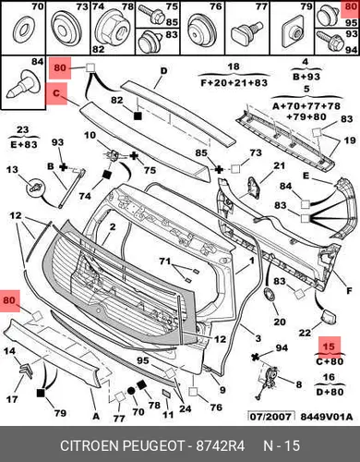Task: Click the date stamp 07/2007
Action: (270, 417)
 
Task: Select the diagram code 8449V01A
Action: (327, 417)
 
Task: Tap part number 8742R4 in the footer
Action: (221, 445)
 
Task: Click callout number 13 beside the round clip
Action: (12, 170)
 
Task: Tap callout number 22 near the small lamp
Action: (305, 333)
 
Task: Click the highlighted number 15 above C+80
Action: (329, 346)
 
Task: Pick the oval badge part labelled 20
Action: (270, 295)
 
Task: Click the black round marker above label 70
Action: (131, 391)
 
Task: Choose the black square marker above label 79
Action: (41, 394)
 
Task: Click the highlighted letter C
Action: (56, 92)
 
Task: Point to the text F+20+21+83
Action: (234, 82)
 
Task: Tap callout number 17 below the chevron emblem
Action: (12, 399)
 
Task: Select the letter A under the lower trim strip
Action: (96, 417)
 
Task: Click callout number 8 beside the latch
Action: (299, 384)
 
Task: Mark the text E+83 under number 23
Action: (24, 144)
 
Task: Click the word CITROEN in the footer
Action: (90, 445)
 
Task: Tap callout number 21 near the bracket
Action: (279, 165)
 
